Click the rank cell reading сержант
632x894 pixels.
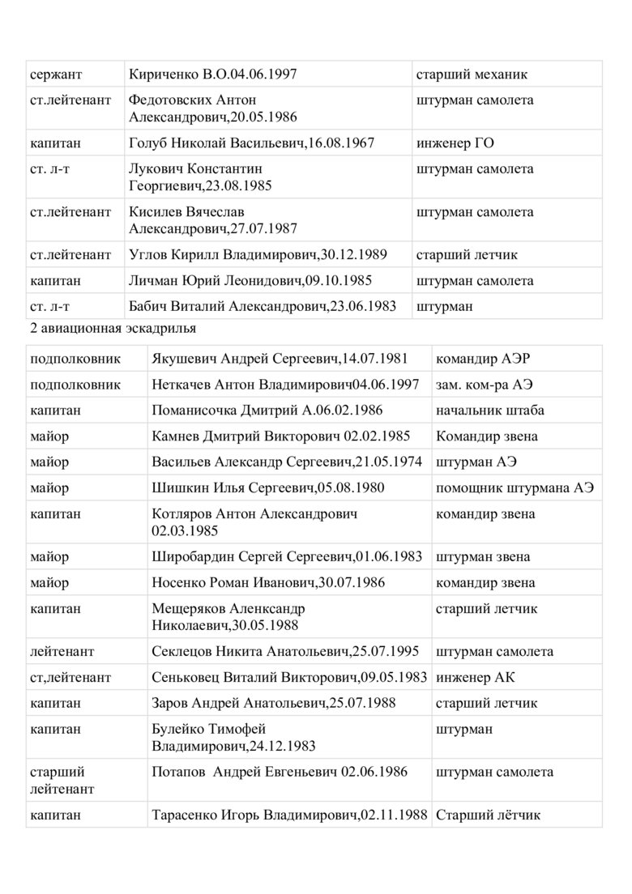click(x=56, y=74)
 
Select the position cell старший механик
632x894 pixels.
click(x=472, y=74)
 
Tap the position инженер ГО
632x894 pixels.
click(x=455, y=143)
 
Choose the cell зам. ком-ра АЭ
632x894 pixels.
click(x=485, y=385)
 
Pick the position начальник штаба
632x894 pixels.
click(x=489, y=411)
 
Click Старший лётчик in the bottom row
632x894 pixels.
click(x=488, y=815)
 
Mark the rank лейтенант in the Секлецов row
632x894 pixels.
click(x=62, y=652)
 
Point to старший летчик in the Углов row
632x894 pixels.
click(x=467, y=255)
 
